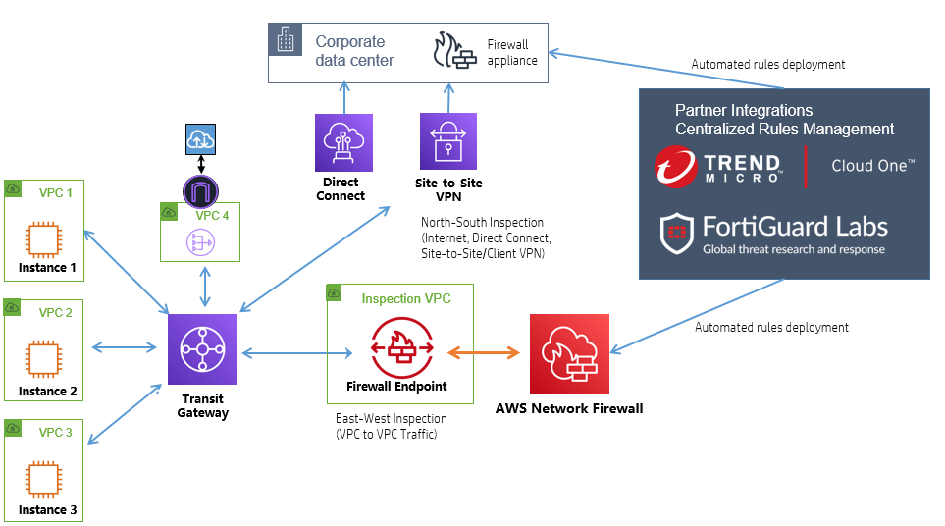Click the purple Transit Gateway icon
pos(202,349)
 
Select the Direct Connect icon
pos(343,142)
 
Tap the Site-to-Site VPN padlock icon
pos(447,142)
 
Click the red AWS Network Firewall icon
pos(569,353)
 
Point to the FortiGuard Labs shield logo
pos(676,233)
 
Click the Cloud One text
pos(872,165)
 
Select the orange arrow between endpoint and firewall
pos(482,352)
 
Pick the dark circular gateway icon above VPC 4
pos(201,188)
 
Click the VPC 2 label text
pos(56,313)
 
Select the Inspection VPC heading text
pos(406,298)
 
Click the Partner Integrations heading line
pos(743,110)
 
